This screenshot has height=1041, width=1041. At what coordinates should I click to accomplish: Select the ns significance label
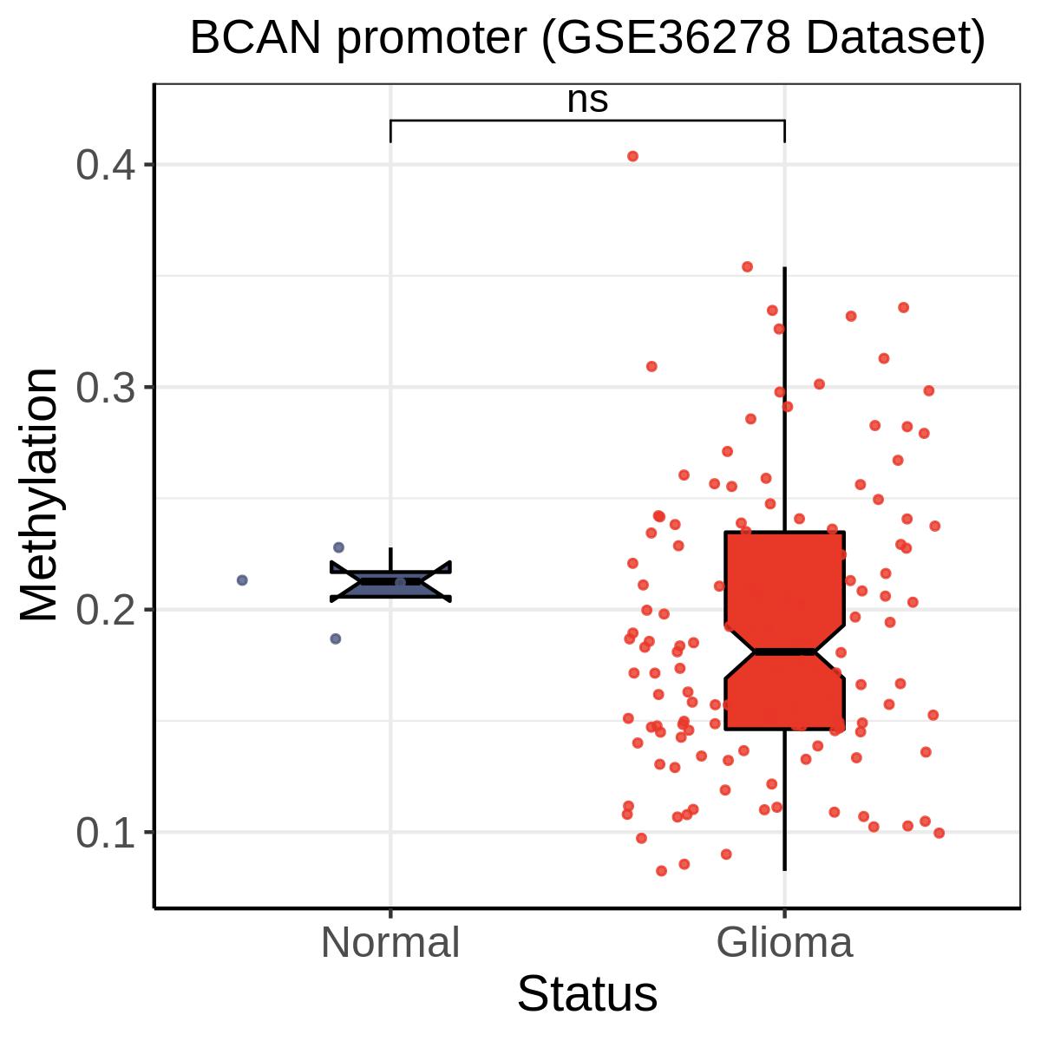(x=587, y=100)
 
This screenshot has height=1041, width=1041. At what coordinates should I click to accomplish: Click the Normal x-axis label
(x=390, y=943)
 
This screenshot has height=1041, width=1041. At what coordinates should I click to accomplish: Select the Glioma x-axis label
(x=785, y=943)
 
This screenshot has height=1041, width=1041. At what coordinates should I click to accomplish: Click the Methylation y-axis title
(x=39, y=495)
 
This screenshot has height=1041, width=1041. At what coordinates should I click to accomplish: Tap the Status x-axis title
(x=587, y=994)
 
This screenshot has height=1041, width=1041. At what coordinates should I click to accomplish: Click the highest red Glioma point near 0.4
(x=632, y=156)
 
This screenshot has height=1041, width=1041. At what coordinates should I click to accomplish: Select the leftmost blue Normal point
(x=242, y=579)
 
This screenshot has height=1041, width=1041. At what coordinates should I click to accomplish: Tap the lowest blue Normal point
(x=336, y=638)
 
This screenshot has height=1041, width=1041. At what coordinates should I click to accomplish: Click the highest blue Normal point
(x=338, y=547)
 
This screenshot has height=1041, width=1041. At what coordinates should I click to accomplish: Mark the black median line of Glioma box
(x=785, y=651)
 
